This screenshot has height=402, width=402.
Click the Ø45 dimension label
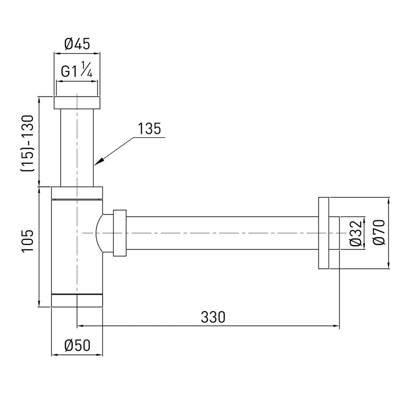[77, 44]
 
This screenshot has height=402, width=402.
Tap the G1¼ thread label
[77, 70]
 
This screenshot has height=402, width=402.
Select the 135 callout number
[150, 129]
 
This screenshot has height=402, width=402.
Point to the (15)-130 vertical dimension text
[27, 144]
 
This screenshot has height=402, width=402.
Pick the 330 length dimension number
[213, 317]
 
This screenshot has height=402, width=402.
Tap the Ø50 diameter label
[78, 345]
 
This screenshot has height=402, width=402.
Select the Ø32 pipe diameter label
[356, 233]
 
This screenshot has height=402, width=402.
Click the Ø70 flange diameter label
[379, 232]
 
